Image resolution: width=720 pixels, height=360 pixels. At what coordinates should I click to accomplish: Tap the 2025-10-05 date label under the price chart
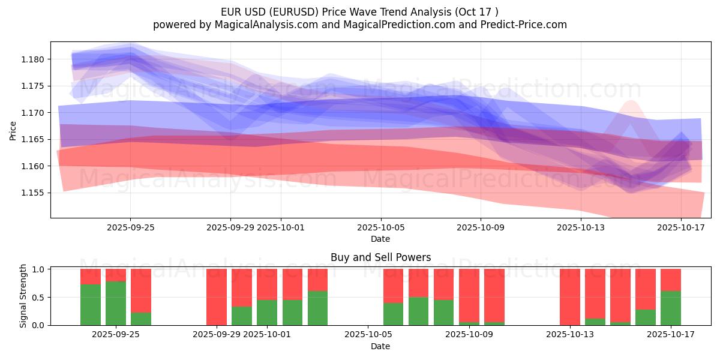380,227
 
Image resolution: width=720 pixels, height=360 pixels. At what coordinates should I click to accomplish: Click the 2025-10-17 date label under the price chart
681,227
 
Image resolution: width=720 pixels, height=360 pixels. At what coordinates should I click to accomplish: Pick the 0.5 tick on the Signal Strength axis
38,297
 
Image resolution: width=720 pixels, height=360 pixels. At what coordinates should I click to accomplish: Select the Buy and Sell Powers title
380,257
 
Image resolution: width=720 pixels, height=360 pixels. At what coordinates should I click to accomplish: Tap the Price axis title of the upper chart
13,130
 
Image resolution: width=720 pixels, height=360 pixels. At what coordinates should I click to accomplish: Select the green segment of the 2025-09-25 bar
116,303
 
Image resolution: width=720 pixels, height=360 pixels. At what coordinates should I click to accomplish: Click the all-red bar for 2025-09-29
217,297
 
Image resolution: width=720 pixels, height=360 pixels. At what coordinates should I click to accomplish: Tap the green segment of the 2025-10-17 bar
671,308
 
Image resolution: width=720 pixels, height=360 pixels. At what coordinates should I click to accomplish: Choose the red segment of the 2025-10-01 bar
267,284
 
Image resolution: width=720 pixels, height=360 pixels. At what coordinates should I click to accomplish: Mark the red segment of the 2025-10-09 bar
469,295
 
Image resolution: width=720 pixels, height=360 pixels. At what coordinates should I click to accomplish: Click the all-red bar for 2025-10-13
570,297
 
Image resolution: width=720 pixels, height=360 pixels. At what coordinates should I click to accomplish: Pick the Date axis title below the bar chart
380,346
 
